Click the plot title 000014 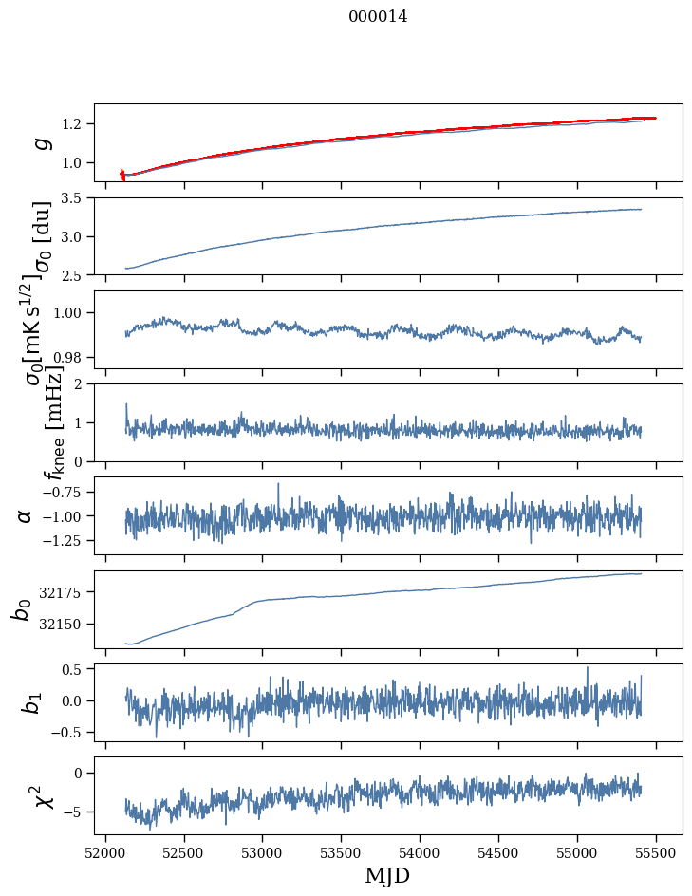(378, 16)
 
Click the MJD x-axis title (387, 876)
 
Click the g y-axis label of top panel (41, 142)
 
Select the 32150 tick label (61, 624)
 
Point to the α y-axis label (25, 515)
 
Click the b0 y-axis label (20, 609)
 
